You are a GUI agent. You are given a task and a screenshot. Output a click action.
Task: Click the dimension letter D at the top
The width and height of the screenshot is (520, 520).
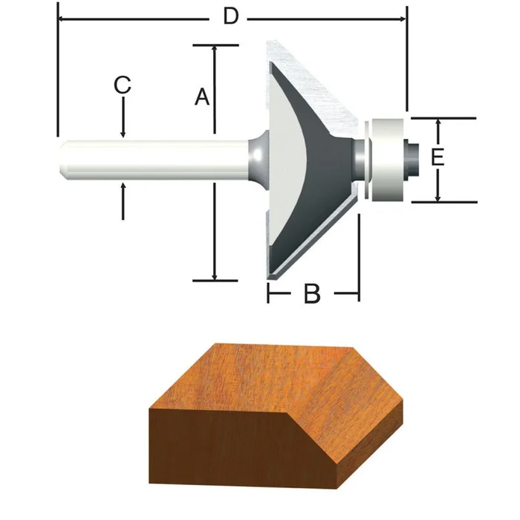coord(231,17)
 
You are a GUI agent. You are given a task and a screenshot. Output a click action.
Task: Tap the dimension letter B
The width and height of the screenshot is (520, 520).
coord(312,295)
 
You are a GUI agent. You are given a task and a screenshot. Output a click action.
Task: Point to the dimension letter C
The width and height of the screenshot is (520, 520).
coord(123,85)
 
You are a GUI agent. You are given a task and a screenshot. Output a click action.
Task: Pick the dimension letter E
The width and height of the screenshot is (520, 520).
coord(438,157)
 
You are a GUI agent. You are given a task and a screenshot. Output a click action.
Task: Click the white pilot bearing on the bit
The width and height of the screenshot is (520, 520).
coord(389,158)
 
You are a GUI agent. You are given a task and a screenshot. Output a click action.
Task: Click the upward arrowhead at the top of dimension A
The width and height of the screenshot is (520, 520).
coord(215,50)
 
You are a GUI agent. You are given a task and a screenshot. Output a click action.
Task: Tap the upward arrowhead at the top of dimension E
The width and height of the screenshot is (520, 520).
coord(438,123)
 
